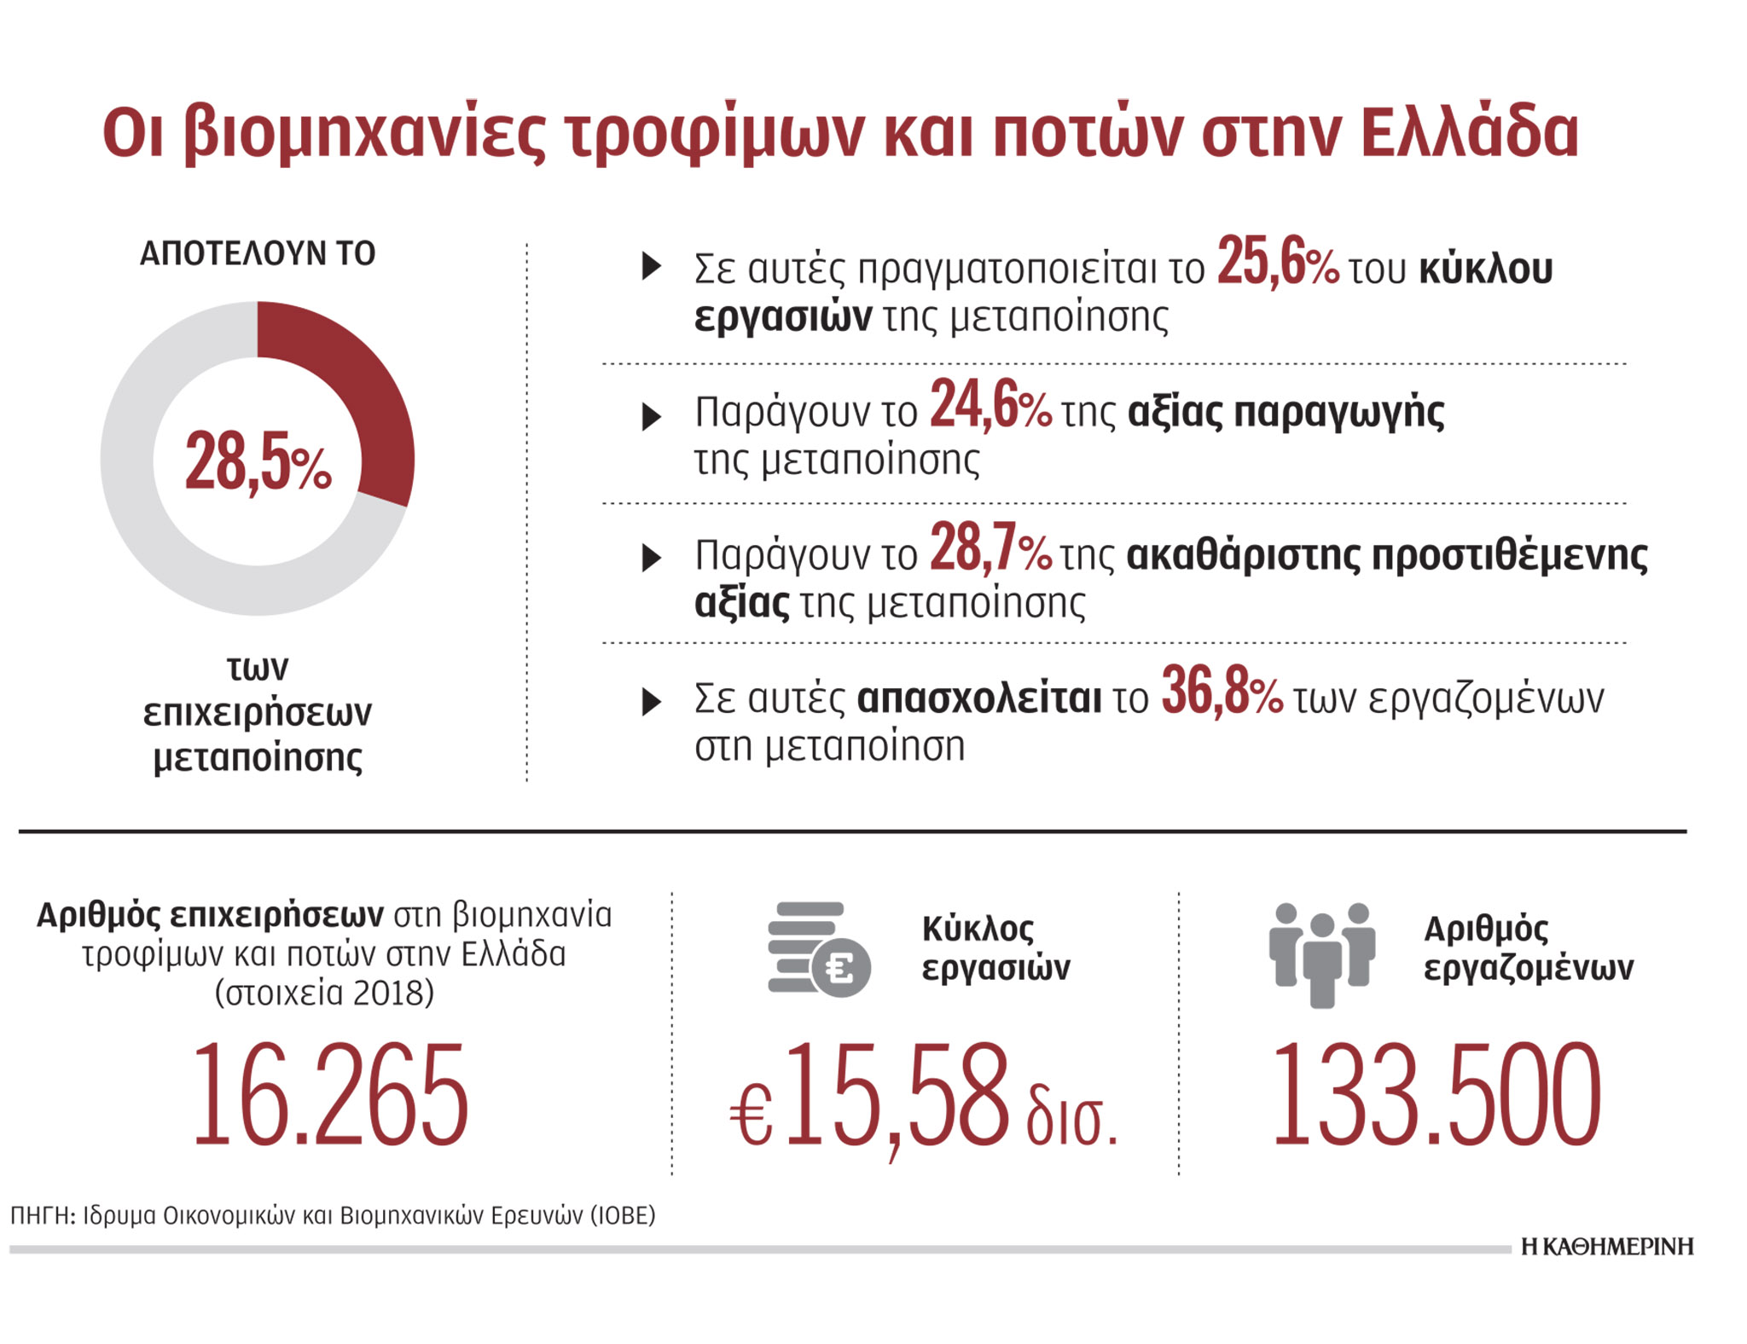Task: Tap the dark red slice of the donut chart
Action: (358, 401)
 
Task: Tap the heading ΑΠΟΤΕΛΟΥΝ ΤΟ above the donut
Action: (258, 253)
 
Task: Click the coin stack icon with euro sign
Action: (817, 948)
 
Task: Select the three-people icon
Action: (1321, 953)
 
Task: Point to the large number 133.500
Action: (1436, 1096)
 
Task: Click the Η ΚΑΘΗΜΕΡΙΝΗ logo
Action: (1607, 1247)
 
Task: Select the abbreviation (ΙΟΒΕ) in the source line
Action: (623, 1215)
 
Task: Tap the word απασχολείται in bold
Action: (978, 698)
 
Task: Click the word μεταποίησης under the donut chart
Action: (258, 757)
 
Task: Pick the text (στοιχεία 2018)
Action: (324, 993)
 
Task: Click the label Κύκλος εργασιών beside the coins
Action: (995, 948)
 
